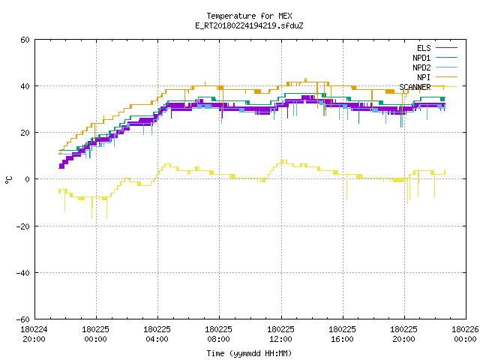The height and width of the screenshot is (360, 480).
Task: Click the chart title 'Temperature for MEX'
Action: pyautogui.click(x=249, y=16)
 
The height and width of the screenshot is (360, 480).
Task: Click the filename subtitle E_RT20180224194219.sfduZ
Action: pyautogui.click(x=249, y=25)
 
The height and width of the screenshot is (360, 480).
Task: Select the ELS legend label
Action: pyautogui.click(x=424, y=48)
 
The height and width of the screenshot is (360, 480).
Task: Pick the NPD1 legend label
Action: pyautogui.click(x=421, y=58)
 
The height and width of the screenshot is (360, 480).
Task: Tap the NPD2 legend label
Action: pyautogui.click(x=421, y=67)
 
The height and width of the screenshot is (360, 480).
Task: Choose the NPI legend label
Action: pyautogui.click(x=424, y=77)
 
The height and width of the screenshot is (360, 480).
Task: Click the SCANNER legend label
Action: pyautogui.click(x=415, y=87)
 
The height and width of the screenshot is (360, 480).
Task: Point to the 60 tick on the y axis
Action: pyautogui.click(x=25, y=40)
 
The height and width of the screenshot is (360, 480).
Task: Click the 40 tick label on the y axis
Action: pyautogui.click(x=25, y=86)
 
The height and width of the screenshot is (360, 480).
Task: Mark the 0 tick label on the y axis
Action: pyautogui.click(x=27, y=179)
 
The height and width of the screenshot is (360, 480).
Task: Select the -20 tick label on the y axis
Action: pyautogui.click(x=23, y=226)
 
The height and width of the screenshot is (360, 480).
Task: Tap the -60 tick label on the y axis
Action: pyautogui.click(x=23, y=319)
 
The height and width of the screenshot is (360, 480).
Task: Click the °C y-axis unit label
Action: pyautogui.click(x=9, y=180)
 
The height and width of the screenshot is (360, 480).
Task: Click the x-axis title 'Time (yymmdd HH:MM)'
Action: pyautogui.click(x=249, y=353)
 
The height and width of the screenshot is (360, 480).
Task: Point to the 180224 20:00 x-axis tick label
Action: pyautogui.click(x=34, y=334)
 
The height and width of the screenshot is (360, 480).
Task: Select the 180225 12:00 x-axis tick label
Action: pyautogui.click(x=280, y=334)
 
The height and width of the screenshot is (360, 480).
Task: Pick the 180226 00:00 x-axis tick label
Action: pyautogui.click(x=465, y=334)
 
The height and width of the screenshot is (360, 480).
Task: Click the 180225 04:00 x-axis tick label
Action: pyautogui.click(x=157, y=334)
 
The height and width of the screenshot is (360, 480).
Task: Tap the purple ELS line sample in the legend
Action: pyautogui.click(x=447, y=48)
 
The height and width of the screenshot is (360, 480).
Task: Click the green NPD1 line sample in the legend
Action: pyautogui.click(x=447, y=57)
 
